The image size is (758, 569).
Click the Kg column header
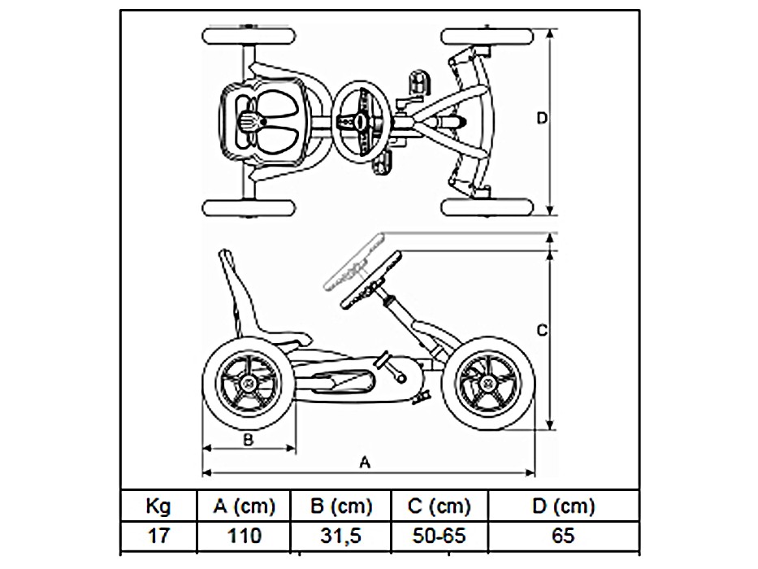(x=158, y=507)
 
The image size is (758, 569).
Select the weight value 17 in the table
(x=158, y=536)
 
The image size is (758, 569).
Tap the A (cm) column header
(x=244, y=507)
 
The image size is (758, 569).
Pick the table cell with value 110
(x=244, y=536)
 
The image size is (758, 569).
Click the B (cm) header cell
(x=341, y=507)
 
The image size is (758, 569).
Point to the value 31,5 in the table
(x=341, y=536)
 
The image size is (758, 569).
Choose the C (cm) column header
(x=440, y=507)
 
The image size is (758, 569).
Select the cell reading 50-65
(x=440, y=536)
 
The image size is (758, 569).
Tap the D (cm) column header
(x=563, y=507)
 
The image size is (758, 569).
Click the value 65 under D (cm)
(x=563, y=536)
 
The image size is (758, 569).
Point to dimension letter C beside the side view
(x=544, y=330)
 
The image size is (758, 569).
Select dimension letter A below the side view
(x=365, y=463)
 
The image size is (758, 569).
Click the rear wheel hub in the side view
(x=245, y=382)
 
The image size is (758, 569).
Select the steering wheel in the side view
(x=362, y=272)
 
